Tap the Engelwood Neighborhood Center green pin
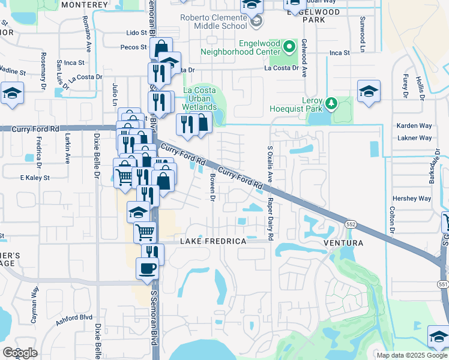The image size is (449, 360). click(x=290, y=47)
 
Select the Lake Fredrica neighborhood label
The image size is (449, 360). click(x=214, y=241)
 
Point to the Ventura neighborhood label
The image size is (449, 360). click(x=343, y=243)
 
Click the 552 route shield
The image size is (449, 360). click(x=351, y=223)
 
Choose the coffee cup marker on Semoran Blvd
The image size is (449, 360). click(x=147, y=268)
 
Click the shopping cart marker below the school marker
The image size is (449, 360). click(x=145, y=232)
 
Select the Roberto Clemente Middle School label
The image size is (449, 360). click(x=214, y=22)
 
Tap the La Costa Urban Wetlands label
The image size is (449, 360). click(x=199, y=98)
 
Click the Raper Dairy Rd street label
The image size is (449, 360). click(x=271, y=220)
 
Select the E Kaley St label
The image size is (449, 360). click(x=35, y=178)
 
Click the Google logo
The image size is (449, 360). click(x=20, y=353)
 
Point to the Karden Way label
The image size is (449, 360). click(x=414, y=126)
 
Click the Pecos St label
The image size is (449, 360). click(x=133, y=47)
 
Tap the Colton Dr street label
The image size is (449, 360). click(x=392, y=220)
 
